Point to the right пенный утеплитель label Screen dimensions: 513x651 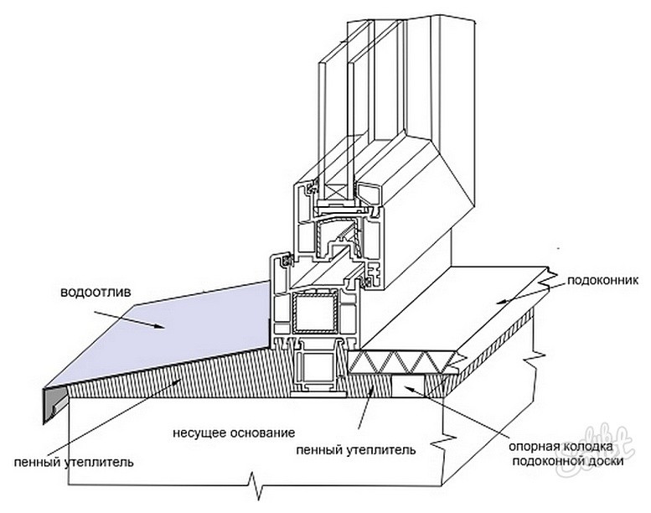356,450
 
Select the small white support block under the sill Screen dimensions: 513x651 408,386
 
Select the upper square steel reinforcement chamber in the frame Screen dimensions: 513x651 313,313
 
